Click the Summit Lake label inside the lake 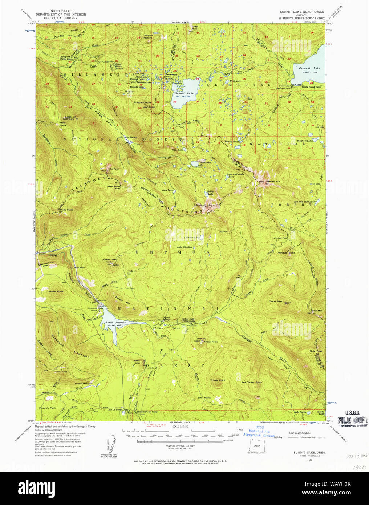[x=184, y=93]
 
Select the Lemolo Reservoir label [x=115, y=322]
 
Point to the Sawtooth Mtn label [x=203, y=205]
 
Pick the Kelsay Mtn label [x=109, y=260]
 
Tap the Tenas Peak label [x=275, y=301]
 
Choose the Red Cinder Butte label [x=251, y=382]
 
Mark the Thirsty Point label [x=218, y=380]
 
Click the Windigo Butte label [x=287, y=252]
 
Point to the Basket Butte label [x=56, y=291]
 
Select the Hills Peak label [x=113, y=169]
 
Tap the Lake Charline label [x=184, y=247]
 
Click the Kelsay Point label [x=210, y=342]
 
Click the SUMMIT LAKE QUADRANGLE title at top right [x=302, y=12]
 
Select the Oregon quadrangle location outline [x=257, y=446]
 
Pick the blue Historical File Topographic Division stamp [x=259, y=431]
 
